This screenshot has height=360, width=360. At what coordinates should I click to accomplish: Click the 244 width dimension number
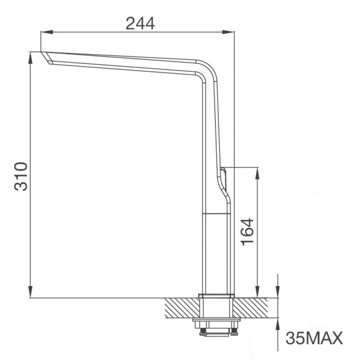pyautogui.click(x=140, y=23)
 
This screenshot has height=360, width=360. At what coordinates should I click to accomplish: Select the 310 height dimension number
pyautogui.click(x=21, y=176)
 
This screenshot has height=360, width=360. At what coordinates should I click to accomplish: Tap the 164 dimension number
pyautogui.click(x=247, y=231)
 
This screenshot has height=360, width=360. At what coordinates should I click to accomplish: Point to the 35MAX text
pyautogui.click(x=313, y=338)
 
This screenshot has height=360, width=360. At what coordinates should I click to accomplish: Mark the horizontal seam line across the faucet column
pyautogui.click(x=216, y=214)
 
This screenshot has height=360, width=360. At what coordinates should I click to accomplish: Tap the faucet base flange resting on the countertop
pyautogui.click(x=216, y=296)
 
